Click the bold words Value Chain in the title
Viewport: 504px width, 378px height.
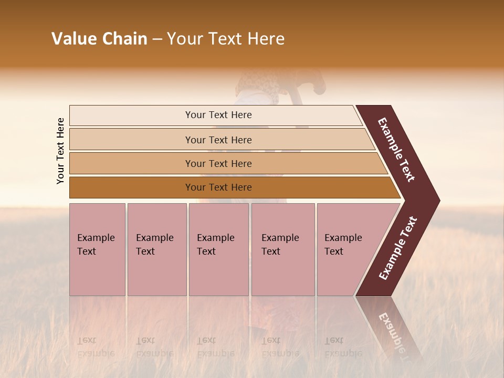(x=99, y=39)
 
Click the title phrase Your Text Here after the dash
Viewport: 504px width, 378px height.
(x=226, y=39)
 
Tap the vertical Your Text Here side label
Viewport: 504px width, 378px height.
(x=60, y=151)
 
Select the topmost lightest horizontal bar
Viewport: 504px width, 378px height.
(x=218, y=115)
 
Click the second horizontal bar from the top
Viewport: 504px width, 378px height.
(x=218, y=140)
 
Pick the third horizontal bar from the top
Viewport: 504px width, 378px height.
(x=218, y=163)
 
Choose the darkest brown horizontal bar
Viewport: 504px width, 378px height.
(x=218, y=187)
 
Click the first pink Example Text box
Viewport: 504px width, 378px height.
(x=97, y=249)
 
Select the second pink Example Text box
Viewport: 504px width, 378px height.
(x=156, y=249)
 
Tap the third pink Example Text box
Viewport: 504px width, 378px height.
(x=218, y=249)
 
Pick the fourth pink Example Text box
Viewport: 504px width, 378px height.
(x=282, y=249)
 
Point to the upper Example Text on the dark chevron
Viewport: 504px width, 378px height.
(x=397, y=150)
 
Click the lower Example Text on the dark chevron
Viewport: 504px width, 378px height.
(x=398, y=248)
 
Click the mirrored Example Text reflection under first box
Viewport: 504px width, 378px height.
(x=96, y=347)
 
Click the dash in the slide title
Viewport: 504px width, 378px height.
(x=157, y=39)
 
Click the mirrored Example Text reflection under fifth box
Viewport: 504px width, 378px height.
(x=343, y=347)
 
